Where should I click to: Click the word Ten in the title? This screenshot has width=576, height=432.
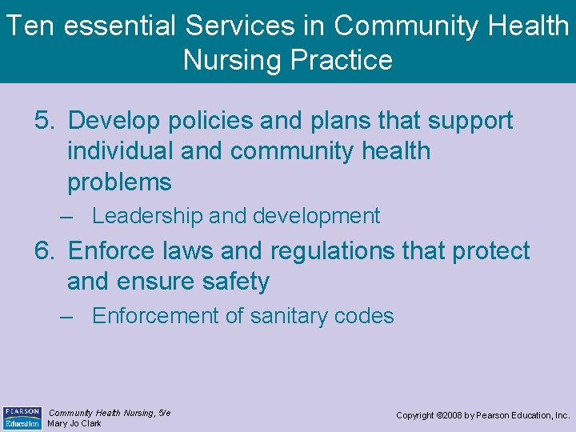(x=31, y=26)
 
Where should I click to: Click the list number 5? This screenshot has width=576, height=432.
(x=44, y=121)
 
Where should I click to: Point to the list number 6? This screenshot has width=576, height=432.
(x=44, y=251)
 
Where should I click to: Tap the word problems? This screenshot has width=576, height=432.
(x=119, y=182)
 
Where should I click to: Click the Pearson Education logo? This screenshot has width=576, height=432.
(x=22, y=418)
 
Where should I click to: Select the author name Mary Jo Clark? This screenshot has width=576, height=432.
(x=74, y=424)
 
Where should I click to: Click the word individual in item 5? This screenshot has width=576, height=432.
(x=120, y=151)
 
